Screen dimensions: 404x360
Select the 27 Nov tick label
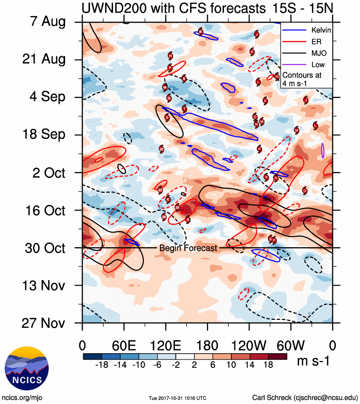click(x=43, y=322)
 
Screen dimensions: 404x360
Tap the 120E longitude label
click(x=166, y=345)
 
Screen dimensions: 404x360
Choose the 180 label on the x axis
click(x=207, y=345)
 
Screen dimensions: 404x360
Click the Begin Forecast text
click(x=188, y=248)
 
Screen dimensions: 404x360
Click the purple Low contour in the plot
click(x=323, y=151)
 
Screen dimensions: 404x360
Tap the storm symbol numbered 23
click(x=161, y=190)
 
